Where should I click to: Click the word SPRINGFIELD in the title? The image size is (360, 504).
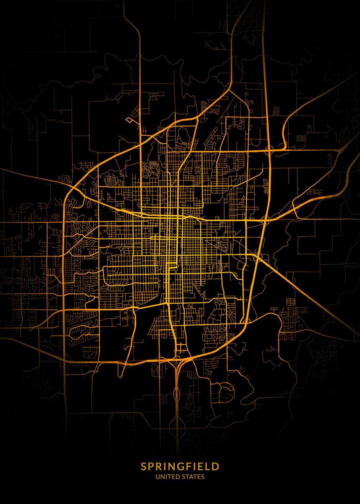[180, 466]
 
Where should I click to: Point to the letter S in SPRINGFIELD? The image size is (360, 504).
[144, 466]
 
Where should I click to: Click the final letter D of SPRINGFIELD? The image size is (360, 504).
[216, 466]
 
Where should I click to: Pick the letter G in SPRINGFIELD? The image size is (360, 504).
[179, 466]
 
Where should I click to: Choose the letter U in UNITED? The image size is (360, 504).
[158, 477]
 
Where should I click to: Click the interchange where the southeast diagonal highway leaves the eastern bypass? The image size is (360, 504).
[257, 257]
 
